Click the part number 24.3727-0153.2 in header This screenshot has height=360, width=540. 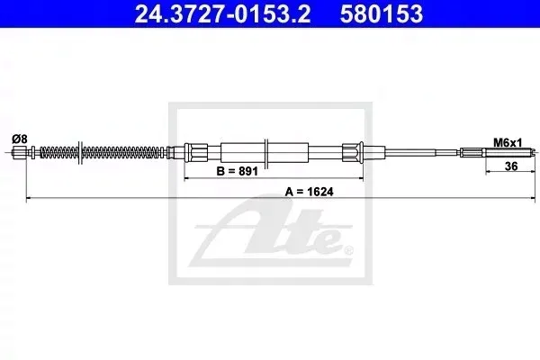[x=222, y=13]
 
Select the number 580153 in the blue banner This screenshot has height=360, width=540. [x=382, y=13]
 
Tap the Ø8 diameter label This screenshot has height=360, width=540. [x=19, y=139]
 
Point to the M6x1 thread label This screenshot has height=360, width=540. [x=508, y=142]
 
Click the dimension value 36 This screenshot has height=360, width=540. [x=511, y=166]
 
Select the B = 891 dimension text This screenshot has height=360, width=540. [x=237, y=171]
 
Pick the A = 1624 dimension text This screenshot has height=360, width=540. [x=309, y=192]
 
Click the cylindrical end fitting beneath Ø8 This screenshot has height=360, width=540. [x=20, y=152]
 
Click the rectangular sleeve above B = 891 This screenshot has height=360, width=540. [x=265, y=152]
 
